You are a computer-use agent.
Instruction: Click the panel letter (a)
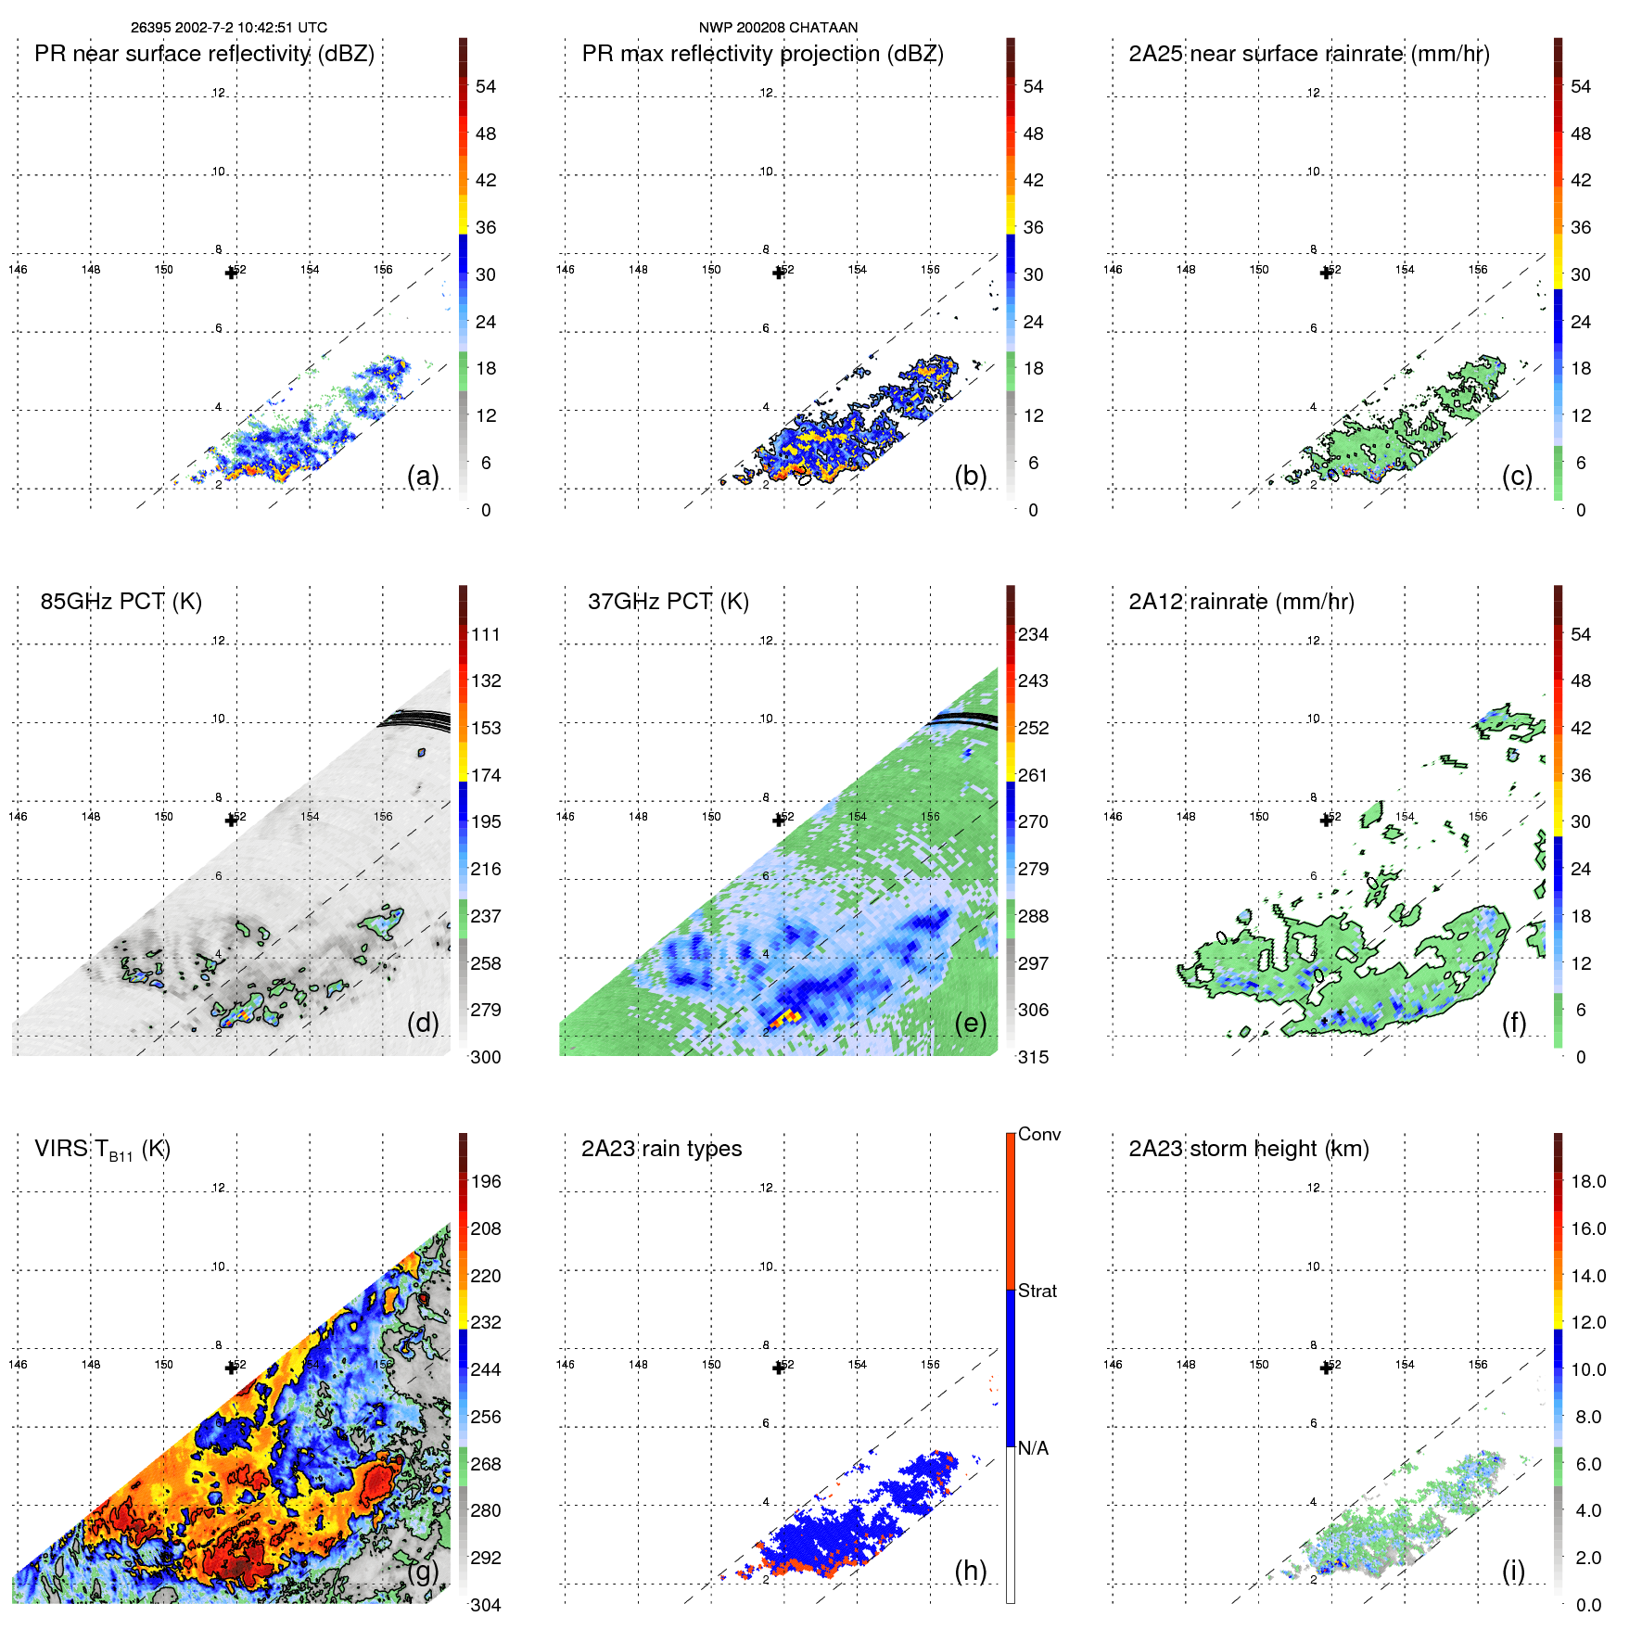(x=423, y=476)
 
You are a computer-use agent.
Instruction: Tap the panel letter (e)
(x=970, y=1023)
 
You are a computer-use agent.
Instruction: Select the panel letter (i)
(x=1513, y=1571)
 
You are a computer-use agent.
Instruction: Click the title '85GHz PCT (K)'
(x=121, y=601)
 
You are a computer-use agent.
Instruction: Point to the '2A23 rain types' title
(x=661, y=1149)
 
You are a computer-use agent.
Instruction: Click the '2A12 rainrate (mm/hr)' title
(x=1241, y=601)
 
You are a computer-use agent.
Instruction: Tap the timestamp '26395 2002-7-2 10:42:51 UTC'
(x=229, y=28)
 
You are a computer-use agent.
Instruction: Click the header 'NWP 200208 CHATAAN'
(x=778, y=28)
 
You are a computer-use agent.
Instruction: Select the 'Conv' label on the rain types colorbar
(x=1038, y=1134)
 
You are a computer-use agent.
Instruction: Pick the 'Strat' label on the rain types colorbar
(x=1037, y=1291)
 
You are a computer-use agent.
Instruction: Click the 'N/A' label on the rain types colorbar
(x=1033, y=1448)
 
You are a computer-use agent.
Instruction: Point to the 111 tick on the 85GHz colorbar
(x=486, y=634)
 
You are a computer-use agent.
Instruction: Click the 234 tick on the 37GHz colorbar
(x=1033, y=634)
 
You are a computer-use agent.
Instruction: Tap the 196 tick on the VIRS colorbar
(x=486, y=1181)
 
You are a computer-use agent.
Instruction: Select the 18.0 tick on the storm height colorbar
(x=1588, y=1181)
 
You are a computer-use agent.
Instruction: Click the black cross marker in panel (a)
(x=231, y=273)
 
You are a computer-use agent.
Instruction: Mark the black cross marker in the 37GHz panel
(x=779, y=820)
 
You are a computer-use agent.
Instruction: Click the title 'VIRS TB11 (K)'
(x=102, y=1149)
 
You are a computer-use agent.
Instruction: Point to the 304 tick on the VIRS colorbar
(x=486, y=1605)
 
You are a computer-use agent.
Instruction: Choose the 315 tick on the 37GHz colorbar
(x=1033, y=1057)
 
